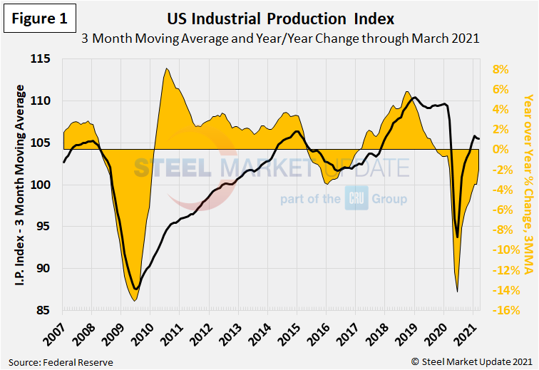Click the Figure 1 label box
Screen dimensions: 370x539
click(40, 20)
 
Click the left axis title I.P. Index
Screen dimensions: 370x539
click(21, 185)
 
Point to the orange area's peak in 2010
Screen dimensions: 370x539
click(166, 69)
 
